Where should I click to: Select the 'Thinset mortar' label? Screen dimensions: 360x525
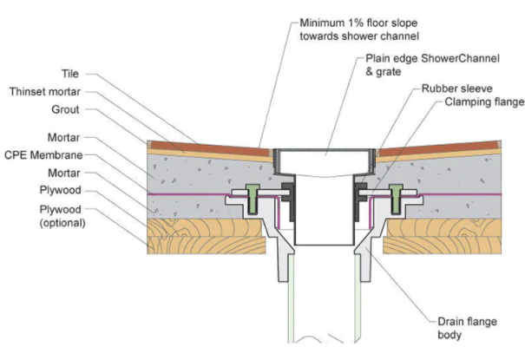tap(46, 91)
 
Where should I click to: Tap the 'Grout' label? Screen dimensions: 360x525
tap(66, 111)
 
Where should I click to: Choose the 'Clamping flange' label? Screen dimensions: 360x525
tap(484, 101)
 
